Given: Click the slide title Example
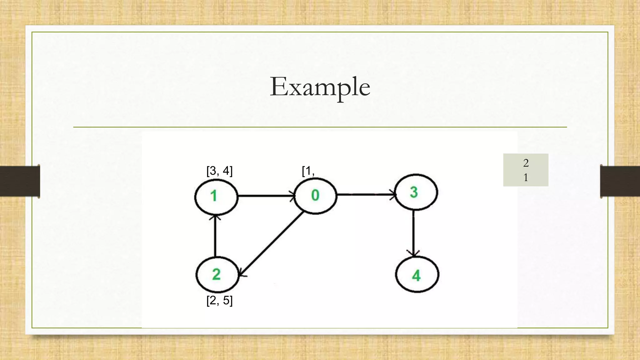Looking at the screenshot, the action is point(320,87).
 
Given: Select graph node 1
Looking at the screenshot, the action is point(216,197).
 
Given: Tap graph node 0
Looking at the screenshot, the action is point(315,196).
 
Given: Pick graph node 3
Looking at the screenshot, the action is point(416,192).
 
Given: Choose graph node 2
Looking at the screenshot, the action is point(217,275).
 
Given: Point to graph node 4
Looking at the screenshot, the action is point(417,275).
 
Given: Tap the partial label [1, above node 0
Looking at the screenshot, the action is point(308,171).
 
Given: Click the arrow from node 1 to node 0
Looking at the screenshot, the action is point(266,196).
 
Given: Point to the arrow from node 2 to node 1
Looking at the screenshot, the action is point(215,236).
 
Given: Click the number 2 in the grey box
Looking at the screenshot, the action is point(526,163).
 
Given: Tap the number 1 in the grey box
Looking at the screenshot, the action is point(526,177).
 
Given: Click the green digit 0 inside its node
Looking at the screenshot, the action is point(315,196).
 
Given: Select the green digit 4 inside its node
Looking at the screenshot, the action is point(416,276).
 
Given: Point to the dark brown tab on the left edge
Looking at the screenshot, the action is point(20,181).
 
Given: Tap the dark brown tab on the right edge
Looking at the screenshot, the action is point(620,181).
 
